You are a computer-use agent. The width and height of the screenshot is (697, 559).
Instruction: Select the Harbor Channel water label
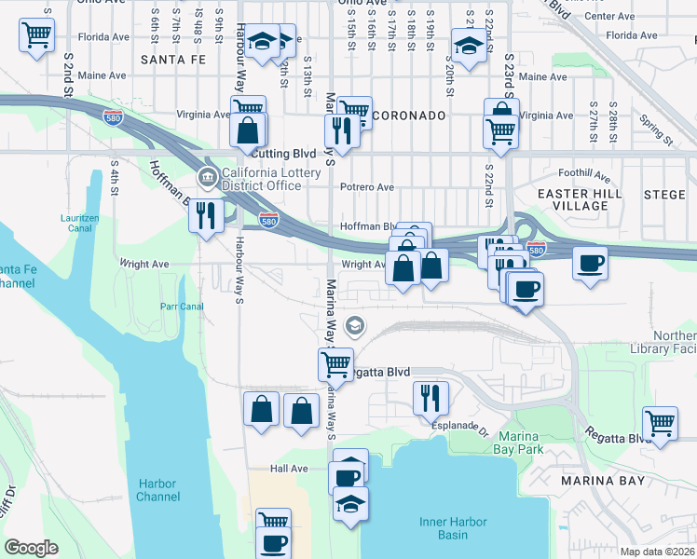157,490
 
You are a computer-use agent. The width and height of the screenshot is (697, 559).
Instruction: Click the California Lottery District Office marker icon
206,178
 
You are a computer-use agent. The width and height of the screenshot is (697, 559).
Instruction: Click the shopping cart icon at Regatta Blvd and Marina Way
335,362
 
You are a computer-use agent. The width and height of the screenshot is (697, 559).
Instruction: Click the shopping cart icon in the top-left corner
36,36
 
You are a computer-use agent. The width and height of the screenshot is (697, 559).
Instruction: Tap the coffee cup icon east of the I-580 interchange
589,263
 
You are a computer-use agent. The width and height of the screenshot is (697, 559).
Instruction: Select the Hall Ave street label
288,469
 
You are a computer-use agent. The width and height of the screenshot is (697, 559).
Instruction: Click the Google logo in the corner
31,548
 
